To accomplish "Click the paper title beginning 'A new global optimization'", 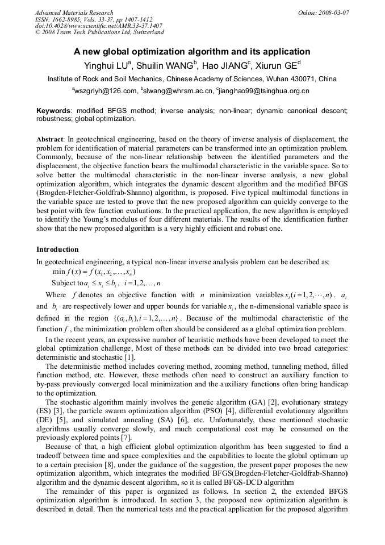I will [x=192, y=51].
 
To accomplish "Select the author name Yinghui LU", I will [x=107, y=65].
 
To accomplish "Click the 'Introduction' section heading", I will [x=57, y=249].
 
